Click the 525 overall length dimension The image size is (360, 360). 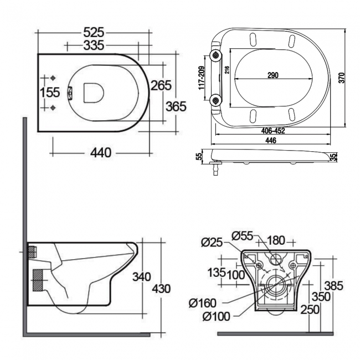coord(92,32)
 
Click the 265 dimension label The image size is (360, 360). coord(161,85)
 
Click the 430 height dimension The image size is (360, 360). coord(161,289)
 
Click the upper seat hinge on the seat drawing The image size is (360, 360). coord(215,55)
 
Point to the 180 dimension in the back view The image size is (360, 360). coord(276,240)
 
